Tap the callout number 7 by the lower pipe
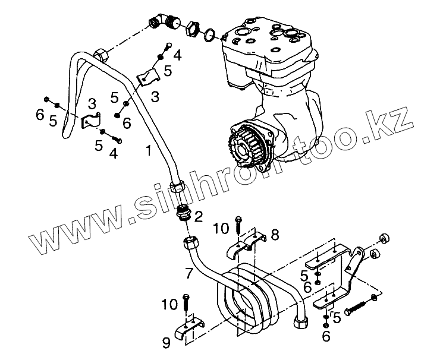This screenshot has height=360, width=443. point(188,274)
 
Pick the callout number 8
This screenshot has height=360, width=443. point(274,235)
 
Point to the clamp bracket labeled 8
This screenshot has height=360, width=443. point(247,244)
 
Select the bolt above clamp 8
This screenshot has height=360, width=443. point(238,225)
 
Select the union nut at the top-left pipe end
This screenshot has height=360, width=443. point(102,55)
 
